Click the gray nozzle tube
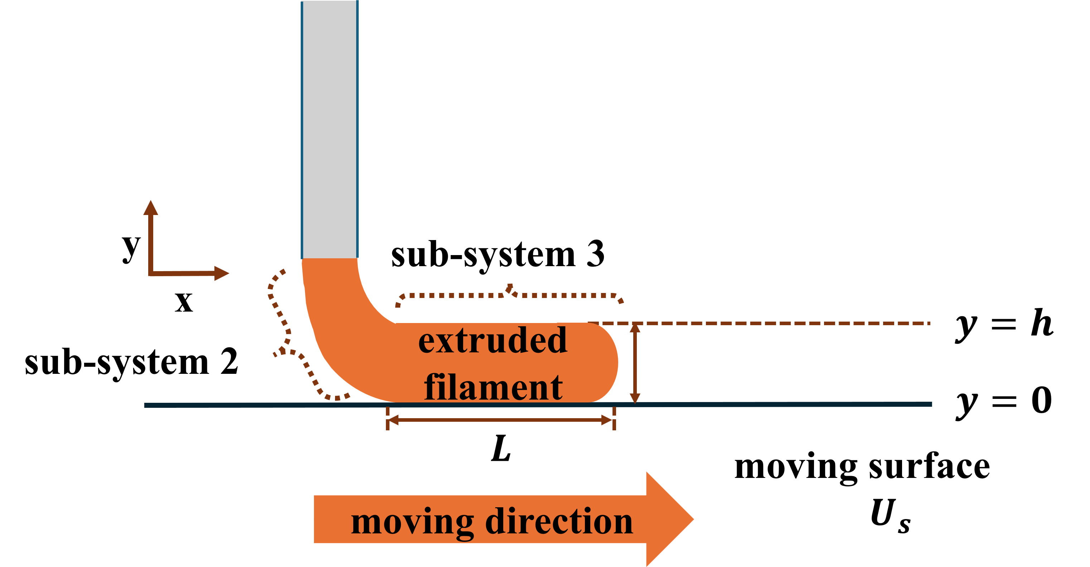pyautogui.click(x=330, y=127)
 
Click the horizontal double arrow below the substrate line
pyautogui.click(x=500, y=420)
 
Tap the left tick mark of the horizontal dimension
pyautogui.click(x=388, y=419)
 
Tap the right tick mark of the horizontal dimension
pyautogui.click(x=614, y=419)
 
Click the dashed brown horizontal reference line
pyautogui.click(x=762, y=323)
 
